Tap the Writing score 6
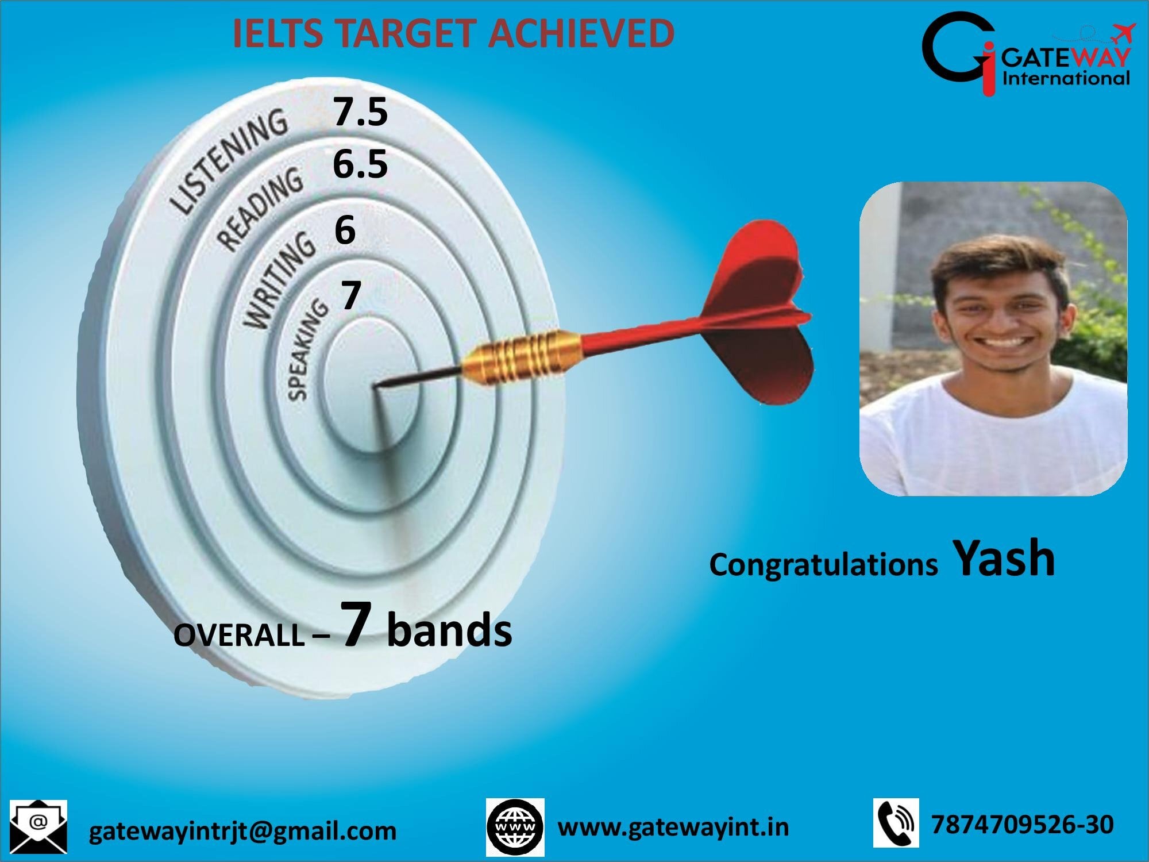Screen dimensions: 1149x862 [345, 230]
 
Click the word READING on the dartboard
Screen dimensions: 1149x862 [260, 210]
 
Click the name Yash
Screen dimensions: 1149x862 [1004, 558]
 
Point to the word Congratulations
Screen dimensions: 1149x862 [823, 565]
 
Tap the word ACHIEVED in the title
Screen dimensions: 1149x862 [581, 33]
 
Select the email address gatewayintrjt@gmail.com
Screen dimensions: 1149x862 [242, 831]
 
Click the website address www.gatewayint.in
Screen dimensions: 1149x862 [673, 828]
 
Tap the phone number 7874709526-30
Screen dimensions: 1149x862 [1022, 824]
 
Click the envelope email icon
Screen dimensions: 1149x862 [38, 826]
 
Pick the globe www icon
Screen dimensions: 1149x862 [515, 827]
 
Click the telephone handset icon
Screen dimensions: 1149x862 [896, 823]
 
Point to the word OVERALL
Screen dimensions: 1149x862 [239, 636]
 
